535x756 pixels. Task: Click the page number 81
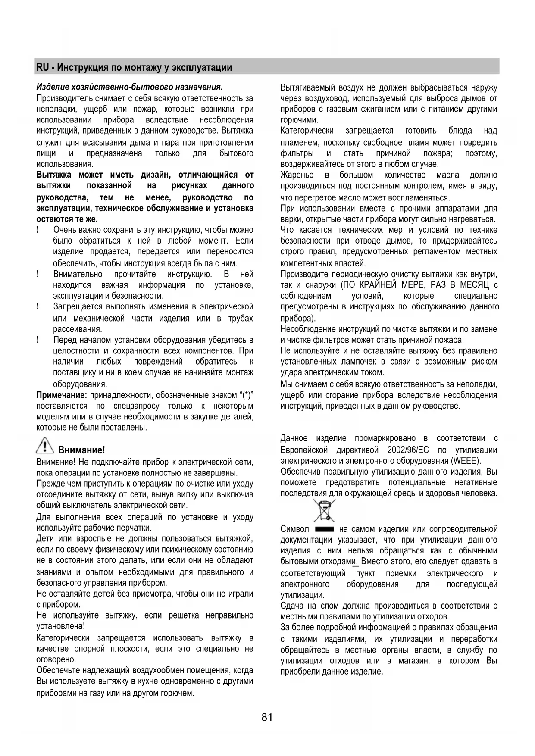(x=267, y=717)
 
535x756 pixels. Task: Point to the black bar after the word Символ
(x=325, y=529)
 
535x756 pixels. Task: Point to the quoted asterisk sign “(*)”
(x=246, y=395)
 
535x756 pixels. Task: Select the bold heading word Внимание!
(x=81, y=450)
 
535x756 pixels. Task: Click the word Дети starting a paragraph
(x=45, y=539)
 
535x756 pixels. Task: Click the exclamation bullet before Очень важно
(x=38, y=230)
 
